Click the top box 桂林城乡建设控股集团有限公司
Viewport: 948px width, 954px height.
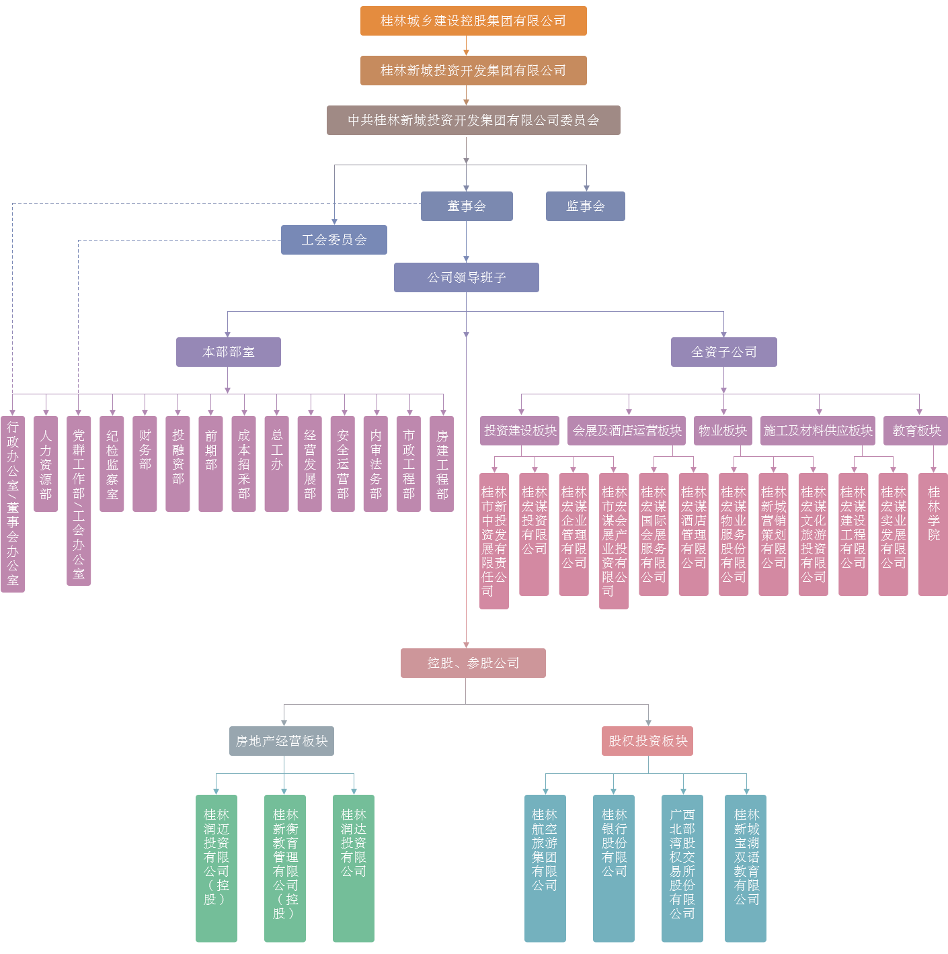pos(473,20)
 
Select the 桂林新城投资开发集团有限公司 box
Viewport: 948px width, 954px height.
pos(473,70)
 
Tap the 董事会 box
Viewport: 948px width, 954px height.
pos(467,206)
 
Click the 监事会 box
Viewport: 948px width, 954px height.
pos(586,206)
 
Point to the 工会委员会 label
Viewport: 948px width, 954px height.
pos(334,240)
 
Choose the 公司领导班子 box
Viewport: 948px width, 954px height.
pos(467,277)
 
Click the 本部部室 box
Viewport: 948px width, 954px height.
pos(229,352)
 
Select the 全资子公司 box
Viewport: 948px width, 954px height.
pos(724,352)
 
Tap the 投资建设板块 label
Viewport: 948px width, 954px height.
pos(520,431)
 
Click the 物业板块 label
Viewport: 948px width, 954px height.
pos(723,431)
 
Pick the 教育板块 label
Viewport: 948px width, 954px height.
pos(916,431)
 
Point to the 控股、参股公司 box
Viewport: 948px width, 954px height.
pos(473,663)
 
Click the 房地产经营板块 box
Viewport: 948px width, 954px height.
pos(282,741)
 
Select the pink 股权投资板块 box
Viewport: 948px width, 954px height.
pos(647,741)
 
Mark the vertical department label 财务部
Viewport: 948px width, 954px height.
pos(145,450)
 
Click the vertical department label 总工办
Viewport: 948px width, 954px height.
pos(277,450)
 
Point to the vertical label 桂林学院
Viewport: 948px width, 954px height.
pos(934,514)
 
